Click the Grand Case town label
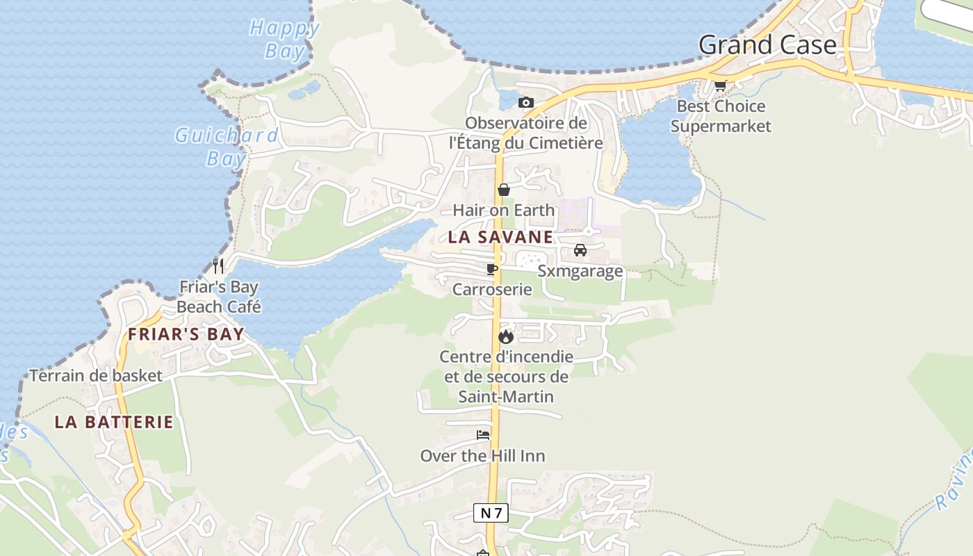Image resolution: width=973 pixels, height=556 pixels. click(x=767, y=45)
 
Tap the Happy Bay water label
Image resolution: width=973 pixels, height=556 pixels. click(x=284, y=40)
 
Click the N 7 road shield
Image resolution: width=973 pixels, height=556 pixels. click(x=491, y=513)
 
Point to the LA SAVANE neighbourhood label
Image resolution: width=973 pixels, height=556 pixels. click(x=500, y=237)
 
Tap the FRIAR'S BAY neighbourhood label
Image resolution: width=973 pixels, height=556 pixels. click(x=186, y=334)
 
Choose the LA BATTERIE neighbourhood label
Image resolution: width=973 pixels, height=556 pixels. click(x=114, y=422)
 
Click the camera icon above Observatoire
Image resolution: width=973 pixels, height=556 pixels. click(x=526, y=103)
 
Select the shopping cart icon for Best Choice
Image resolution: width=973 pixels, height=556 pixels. click(x=720, y=85)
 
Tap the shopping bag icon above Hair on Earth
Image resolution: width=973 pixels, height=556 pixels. click(x=504, y=190)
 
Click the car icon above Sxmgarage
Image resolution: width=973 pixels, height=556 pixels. click(x=580, y=250)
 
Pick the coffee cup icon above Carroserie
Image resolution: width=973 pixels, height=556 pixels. click(x=492, y=269)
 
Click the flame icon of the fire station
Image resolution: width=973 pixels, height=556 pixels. click(x=506, y=337)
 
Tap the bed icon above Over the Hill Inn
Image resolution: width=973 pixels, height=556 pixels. click(x=483, y=435)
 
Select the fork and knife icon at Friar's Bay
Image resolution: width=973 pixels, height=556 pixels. click(x=218, y=265)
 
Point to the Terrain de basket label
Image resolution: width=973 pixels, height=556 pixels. click(x=96, y=376)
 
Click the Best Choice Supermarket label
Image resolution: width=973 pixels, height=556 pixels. click(x=721, y=116)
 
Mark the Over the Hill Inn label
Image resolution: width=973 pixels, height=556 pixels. click(x=482, y=456)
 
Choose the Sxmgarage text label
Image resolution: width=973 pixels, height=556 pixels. click(x=580, y=271)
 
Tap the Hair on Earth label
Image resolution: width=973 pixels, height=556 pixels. click(x=504, y=210)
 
